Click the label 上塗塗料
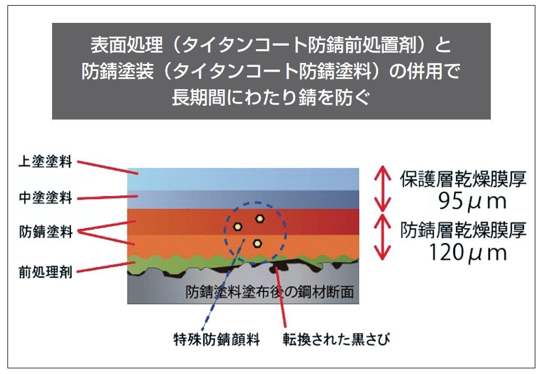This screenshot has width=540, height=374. pyautogui.click(x=45, y=161)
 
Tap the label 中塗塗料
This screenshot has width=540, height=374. pyautogui.click(x=45, y=198)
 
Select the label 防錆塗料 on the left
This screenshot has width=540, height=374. pyautogui.click(x=46, y=232)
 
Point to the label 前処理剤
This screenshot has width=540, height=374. pyautogui.click(x=45, y=272)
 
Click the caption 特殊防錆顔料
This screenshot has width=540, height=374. pyautogui.click(x=217, y=340)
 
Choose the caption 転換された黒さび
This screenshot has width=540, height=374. pyautogui.click(x=336, y=340)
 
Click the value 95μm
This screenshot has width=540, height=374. pyautogui.click(x=472, y=201)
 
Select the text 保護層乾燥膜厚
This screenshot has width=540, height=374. pyautogui.click(x=463, y=179)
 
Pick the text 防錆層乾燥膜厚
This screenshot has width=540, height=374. pyautogui.click(x=463, y=230)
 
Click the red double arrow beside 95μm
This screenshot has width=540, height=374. pyautogui.click(x=383, y=188)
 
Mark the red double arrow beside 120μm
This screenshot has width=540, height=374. pyautogui.click(x=383, y=237)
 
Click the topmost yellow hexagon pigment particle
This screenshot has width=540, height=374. pyautogui.click(x=260, y=218)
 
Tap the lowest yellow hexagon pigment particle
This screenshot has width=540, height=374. pyautogui.click(x=257, y=244)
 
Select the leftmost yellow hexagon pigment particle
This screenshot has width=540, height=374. pyautogui.click(x=237, y=226)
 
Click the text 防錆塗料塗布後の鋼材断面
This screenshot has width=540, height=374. pyautogui.click(x=269, y=292)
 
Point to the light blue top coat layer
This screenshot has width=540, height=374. pyautogui.click(x=243, y=180)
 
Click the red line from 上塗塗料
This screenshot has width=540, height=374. pyautogui.click(x=108, y=167)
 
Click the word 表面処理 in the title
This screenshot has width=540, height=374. pyautogui.click(x=126, y=45)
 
